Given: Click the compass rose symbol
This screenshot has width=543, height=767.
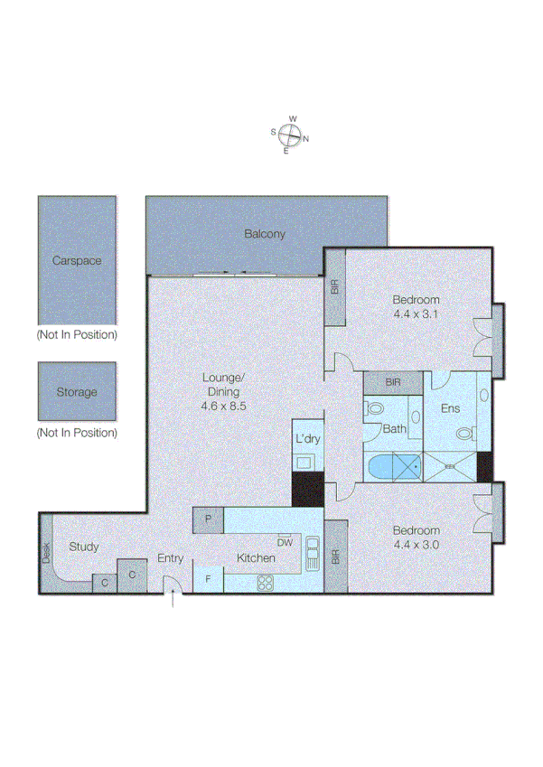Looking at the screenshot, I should (289, 135).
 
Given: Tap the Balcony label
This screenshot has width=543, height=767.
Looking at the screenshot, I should (265, 234).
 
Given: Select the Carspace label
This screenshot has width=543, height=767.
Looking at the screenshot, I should (76, 260).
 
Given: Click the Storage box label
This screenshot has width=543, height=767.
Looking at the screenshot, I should (76, 392).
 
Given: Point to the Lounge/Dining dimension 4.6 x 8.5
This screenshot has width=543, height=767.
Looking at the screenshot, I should (224, 407).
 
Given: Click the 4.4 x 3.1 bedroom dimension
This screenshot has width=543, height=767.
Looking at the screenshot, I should (416, 313).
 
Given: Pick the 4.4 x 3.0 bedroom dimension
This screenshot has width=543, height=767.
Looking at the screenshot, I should (416, 544).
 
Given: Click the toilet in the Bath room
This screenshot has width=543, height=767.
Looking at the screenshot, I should (375, 409).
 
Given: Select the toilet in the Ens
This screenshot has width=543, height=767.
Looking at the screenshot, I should (465, 434).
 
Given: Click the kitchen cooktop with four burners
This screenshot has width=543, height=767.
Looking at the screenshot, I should (266, 583).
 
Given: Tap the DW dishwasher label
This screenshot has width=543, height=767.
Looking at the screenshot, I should (285, 543).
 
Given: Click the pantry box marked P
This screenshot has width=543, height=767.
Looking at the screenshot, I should (208, 519).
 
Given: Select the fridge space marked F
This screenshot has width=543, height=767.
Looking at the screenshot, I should (208, 579).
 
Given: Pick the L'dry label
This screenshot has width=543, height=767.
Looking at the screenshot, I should (304, 439).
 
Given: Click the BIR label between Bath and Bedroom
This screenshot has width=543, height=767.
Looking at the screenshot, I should (393, 383).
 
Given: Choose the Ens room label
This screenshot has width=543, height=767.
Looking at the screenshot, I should (450, 408).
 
